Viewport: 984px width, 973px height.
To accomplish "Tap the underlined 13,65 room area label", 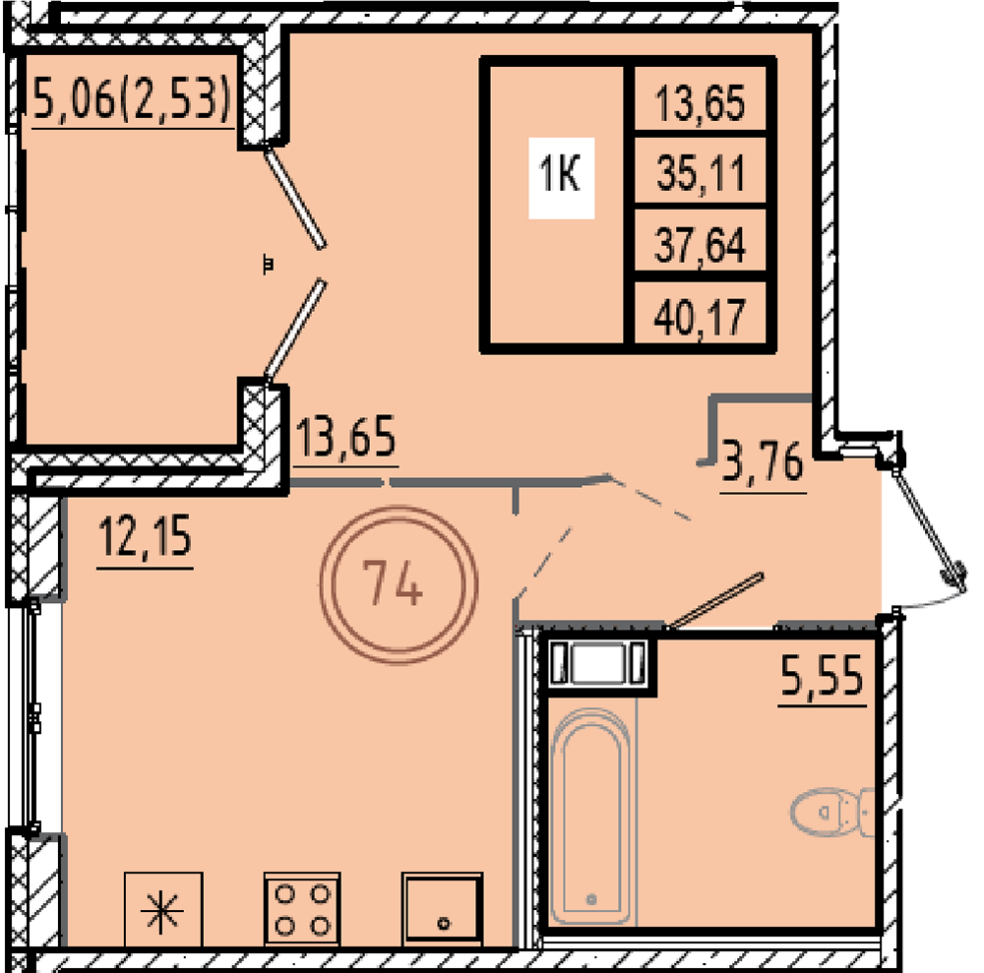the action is click(x=345, y=437).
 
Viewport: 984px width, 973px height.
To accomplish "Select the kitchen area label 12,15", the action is click(x=145, y=537).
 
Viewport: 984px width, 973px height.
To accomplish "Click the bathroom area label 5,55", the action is click(x=822, y=675).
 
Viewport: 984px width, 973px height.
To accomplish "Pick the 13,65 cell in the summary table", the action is click(x=700, y=102).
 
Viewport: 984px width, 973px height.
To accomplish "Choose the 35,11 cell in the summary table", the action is click(x=700, y=172).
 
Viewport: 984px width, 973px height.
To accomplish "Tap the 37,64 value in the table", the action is click(x=700, y=245).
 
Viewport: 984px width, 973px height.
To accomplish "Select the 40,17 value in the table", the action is click(x=700, y=317).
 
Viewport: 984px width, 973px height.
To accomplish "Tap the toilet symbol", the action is click(x=832, y=813).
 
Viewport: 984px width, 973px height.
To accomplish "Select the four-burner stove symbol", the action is click(x=302, y=909).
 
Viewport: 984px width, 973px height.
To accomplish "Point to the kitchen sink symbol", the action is click(x=443, y=908).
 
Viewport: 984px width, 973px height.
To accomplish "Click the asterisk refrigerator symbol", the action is click(x=163, y=909).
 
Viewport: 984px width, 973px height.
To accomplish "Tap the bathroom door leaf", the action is click(x=715, y=600).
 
